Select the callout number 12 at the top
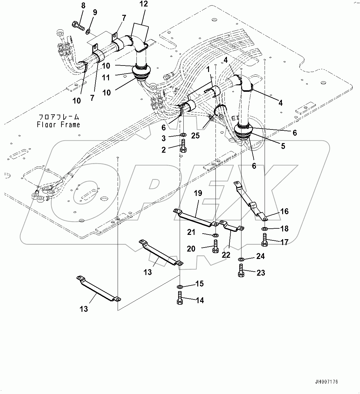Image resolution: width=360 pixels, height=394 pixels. click(144, 4)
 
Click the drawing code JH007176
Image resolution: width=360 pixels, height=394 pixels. click(327, 382)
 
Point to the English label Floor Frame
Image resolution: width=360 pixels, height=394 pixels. click(58, 125)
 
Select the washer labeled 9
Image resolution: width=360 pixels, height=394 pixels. click(88, 31)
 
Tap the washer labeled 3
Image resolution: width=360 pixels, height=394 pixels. click(183, 135)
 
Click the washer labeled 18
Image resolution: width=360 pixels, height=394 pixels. click(265, 229)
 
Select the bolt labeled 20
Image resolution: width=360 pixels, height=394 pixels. click(216, 246)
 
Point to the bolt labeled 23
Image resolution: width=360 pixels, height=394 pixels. click(241, 270)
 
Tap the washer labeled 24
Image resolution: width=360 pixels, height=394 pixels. click(241, 259)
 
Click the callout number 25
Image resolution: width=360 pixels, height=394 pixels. click(195, 135)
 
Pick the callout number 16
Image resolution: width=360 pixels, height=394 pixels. click(284, 211)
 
